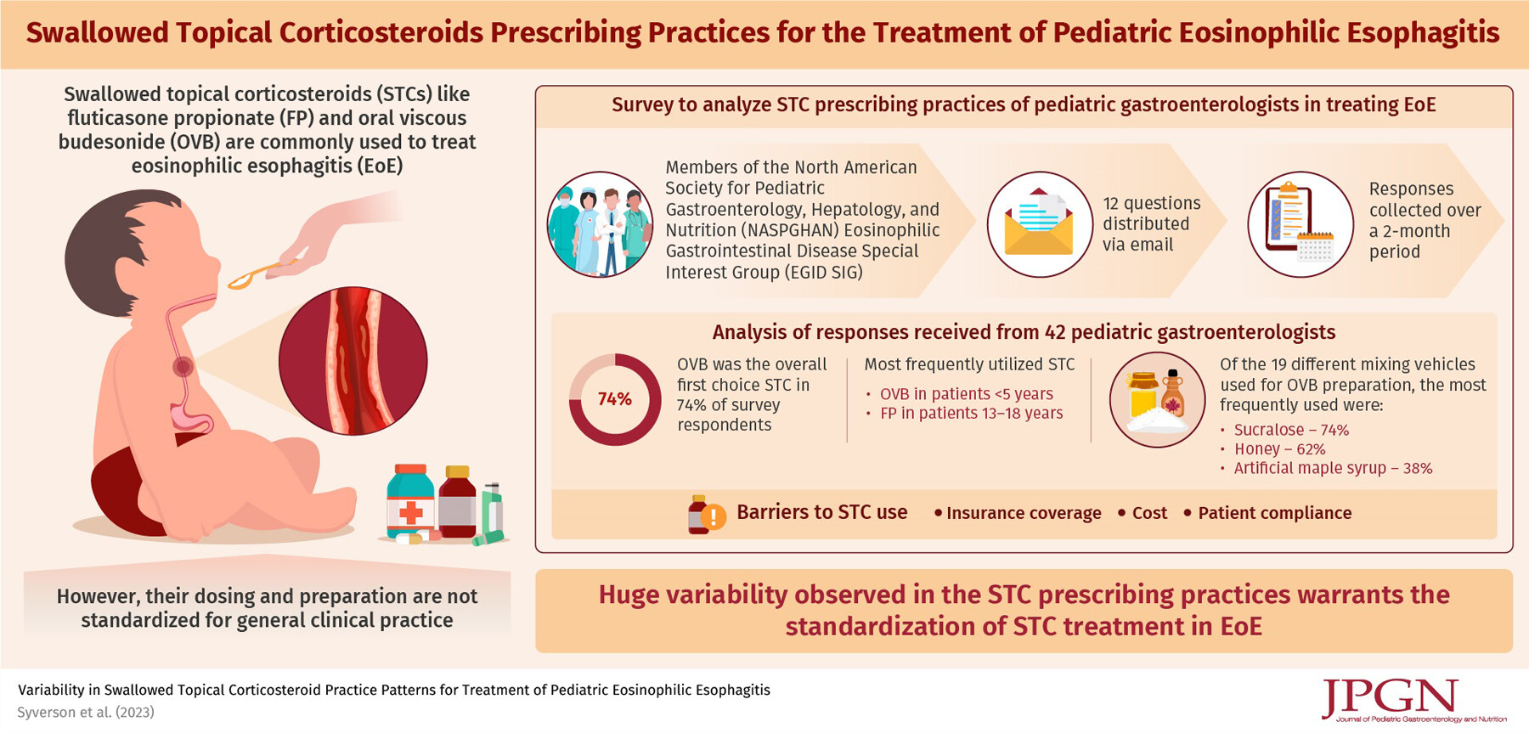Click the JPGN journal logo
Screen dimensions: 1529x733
(1413, 701)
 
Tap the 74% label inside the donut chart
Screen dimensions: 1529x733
(614, 399)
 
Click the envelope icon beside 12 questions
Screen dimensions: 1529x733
(1039, 224)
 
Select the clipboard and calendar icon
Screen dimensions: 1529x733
(1300, 224)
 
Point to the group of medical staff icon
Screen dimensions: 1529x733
(600, 224)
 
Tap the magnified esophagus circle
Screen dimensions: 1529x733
(353, 361)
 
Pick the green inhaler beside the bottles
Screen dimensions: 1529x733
(490, 513)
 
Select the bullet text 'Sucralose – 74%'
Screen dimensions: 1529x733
(1291, 430)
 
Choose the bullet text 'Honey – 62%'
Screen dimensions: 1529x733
(1279, 448)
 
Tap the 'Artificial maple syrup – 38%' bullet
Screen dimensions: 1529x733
(1333, 468)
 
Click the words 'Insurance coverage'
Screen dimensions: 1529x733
(1024, 513)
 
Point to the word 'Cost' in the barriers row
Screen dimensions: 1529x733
(1149, 513)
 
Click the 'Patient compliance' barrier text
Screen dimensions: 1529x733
(1274, 513)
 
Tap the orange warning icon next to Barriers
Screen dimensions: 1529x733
(713, 516)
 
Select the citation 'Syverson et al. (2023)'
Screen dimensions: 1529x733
(86, 712)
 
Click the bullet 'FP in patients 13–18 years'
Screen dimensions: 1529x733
(971, 413)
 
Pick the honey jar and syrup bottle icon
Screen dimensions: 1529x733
(1157, 399)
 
